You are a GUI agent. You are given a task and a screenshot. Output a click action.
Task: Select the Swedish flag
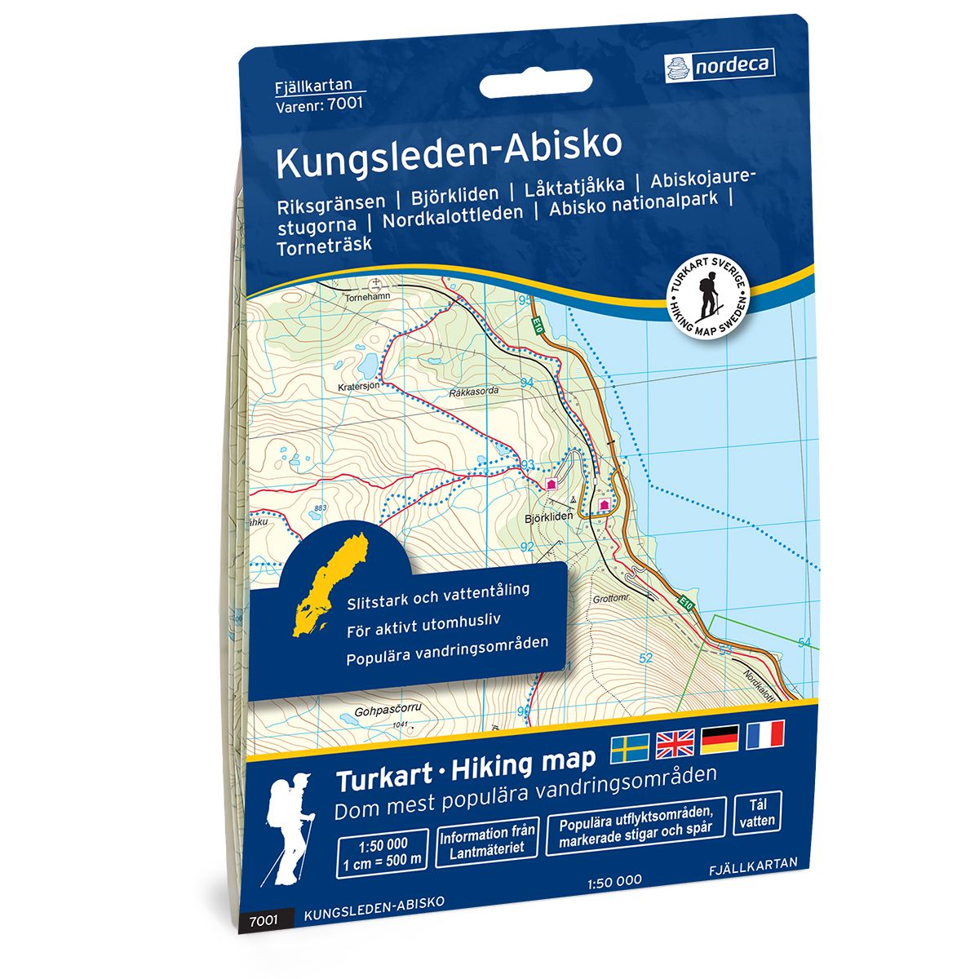pyautogui.click(x=630, y=743)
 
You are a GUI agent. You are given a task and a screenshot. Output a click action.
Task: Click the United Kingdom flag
pyautogui.click(x=675, y=741)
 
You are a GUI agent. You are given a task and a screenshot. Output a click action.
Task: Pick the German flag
pyautogui.click(x=720, y=738)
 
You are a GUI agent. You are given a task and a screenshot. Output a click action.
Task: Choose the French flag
pyautogui.click(x=764, y=733)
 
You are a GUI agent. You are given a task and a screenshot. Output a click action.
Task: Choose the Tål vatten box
pyautogui.click(x=758, y=813)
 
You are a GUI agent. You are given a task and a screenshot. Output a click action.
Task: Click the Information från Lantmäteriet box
pyautogui.click(x=487, y=841)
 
